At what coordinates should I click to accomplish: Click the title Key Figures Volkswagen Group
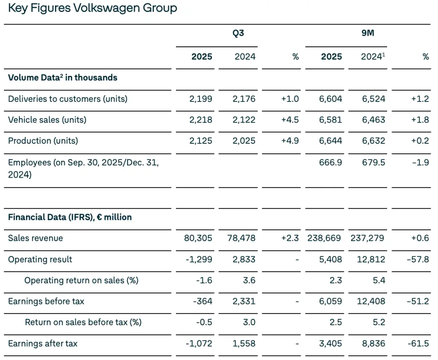pyautogui.click(x=92, y=8)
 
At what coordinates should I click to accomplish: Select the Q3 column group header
pyautogui.click(x=238, y=33)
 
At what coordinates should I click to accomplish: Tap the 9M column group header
pyautogui.click(x=368, y=33)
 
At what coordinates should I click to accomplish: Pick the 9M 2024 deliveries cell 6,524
pyautogui.click(x=373, y=99)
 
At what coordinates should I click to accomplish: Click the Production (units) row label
pyautogui.click(x=43, y=141)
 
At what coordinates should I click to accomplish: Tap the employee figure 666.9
pyautogui.click(x=331, y=162)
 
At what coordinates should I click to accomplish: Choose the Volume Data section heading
pyautogui.click(x=63, y=78)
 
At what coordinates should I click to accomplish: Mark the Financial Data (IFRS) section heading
pyautogui.click(x=70, y=217)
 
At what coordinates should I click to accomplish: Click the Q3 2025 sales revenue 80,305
pyautogui.click(x=199, y=238)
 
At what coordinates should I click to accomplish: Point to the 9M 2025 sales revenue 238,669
pyautogui.click(x=325, y=238)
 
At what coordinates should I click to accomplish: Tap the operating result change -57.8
pyautogui.click(x=418, y=260)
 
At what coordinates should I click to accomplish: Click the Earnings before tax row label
pyautogui.click(x=46, y=302)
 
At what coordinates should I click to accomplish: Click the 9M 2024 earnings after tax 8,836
pyautogui.click(x=373, y=344)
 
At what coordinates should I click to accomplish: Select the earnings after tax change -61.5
pyautogui.click(x=418, y=344)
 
